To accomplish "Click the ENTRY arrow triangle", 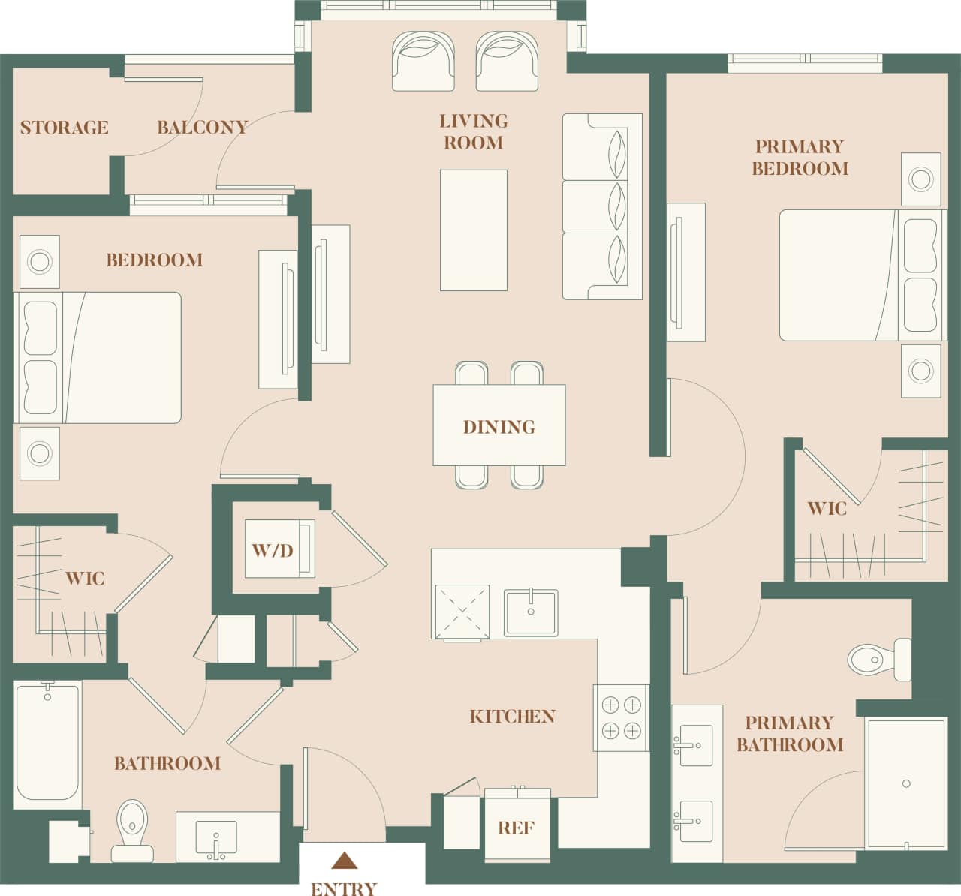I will point(344,860).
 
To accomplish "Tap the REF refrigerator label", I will point(516,828).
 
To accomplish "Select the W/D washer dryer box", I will point(273,550).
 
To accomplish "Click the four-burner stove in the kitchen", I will point(621,717).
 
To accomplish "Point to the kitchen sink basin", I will point(531,612).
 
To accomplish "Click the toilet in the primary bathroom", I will point(877,660).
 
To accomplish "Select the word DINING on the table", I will point(499,427).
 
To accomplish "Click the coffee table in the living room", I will point(473,230).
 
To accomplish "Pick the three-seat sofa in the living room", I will point(602,206).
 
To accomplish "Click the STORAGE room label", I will point(64,128).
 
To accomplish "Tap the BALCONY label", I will point(202,128).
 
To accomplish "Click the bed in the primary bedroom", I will point(856,275).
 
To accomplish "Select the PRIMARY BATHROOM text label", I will point(789,734).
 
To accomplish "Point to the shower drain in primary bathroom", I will point(906,783).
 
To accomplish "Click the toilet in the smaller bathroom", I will point(133,829).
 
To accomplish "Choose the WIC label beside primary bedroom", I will point(827,509).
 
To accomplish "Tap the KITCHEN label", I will point(512,717).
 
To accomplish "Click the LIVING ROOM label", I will point(473,132).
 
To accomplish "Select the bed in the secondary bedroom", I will point(98,358).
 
